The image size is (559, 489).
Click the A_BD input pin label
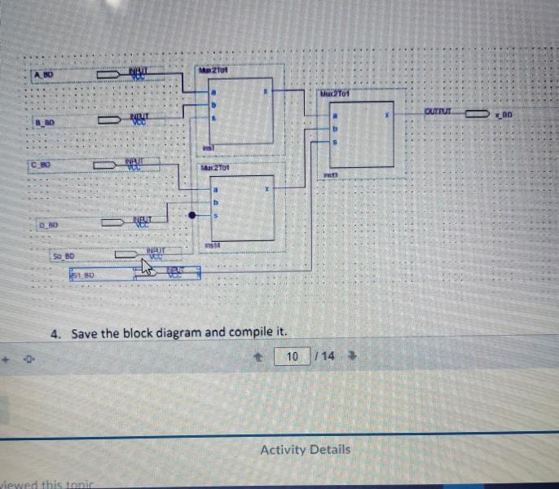coord(42,75)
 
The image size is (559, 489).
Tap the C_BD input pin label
coord(40,165)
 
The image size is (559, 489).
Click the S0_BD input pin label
coord(64,255)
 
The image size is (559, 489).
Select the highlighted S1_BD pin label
coord(82,275)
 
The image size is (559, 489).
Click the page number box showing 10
coord(292,356)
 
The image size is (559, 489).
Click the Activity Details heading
coord(306,449)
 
